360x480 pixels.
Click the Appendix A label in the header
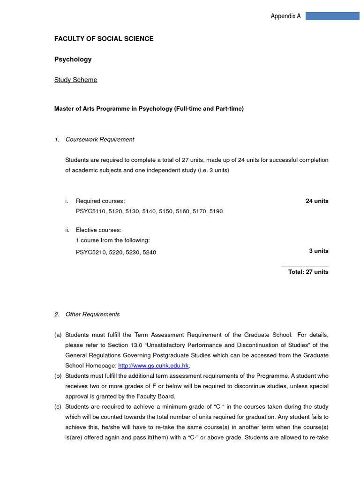[285, 16]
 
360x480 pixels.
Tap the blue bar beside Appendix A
[332, 16]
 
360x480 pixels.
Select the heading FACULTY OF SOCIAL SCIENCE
[104, 39]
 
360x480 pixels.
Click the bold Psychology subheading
[73, 60]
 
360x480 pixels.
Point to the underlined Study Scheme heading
[76, 80]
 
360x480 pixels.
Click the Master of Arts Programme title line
[149, 109]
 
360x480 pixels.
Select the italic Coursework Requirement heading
[100, 139]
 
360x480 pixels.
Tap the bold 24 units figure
[317, 201]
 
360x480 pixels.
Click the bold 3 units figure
[319, 251]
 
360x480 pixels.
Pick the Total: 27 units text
[308, 272]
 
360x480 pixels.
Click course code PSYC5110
[90, 211]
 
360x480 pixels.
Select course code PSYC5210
[90, 253]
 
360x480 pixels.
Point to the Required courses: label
[100, 201]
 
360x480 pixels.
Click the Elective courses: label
[98, 230]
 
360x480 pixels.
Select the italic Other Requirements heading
[92, 315]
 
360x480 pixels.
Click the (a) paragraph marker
[58, 335]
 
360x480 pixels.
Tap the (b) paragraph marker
[58, 376]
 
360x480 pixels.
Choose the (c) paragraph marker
[58, 407]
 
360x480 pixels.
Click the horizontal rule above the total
[305, 266]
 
